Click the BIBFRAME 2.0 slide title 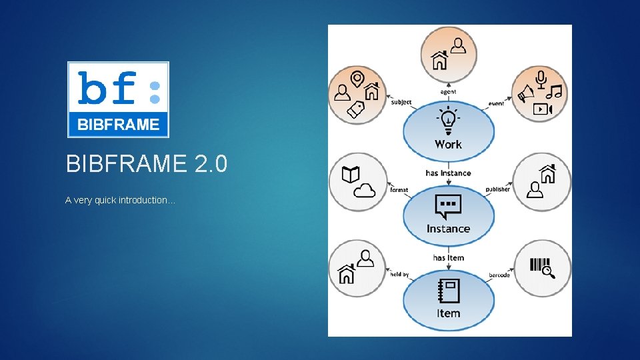tap(147, 163)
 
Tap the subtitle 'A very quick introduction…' tap(120, 200)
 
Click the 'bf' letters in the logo tap(107, 88)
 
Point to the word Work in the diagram tap(448, 144)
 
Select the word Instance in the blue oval tap(448, 229)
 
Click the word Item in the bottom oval tap(448, 313)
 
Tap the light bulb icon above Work tap(448, 121)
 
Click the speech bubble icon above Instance tap(448, 206)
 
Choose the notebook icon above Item tap(448, 291)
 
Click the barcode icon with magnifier tap(541, 267)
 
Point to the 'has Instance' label tap(448, 173)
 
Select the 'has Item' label tap(448, 258)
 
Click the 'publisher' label tap(498, 189)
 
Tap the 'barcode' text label tap(499, 275)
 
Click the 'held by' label tap(399, 274)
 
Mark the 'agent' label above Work tap(448, 92)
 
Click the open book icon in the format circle tap(350, 175)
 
